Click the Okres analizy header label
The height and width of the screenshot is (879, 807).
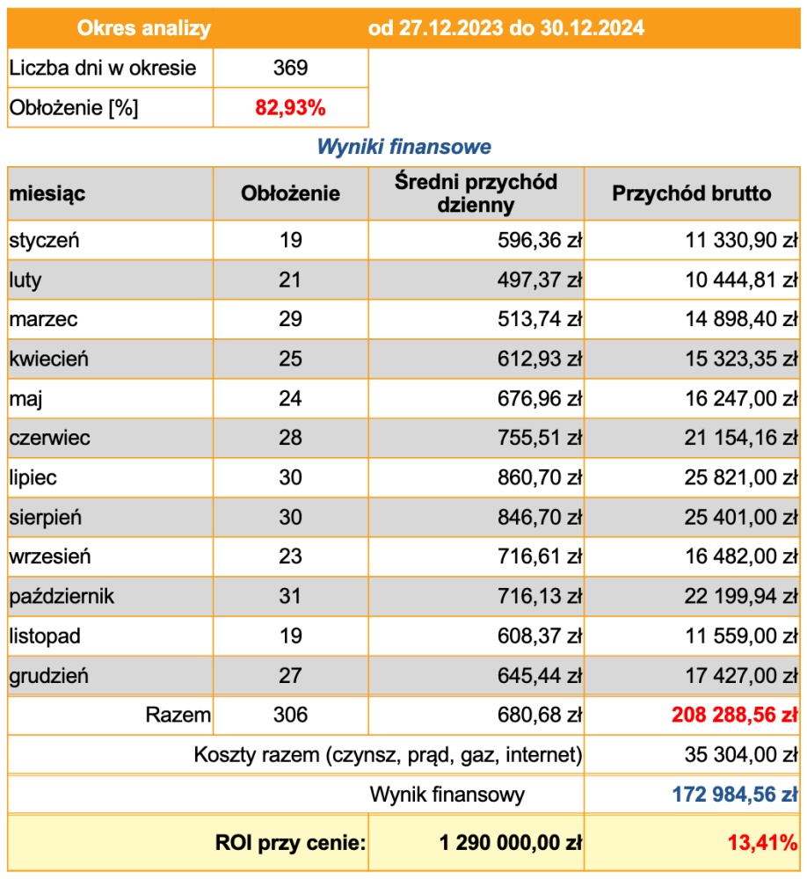144,28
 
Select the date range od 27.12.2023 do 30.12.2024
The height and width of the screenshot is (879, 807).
506,28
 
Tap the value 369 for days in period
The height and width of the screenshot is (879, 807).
290,68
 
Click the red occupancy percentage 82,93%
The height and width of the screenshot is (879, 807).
290,108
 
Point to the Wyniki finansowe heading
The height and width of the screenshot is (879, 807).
403,147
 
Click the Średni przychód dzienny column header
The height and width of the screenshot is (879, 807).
476,193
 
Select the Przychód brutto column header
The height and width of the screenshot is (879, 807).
692,193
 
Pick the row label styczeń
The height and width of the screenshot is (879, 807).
45,240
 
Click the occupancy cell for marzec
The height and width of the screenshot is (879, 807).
290,319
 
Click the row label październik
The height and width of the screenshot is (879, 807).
62,597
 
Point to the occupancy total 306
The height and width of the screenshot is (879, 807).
290,715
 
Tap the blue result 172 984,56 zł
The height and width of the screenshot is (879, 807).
735,795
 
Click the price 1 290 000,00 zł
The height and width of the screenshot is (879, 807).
511,843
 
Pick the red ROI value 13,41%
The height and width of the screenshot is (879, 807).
762,843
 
